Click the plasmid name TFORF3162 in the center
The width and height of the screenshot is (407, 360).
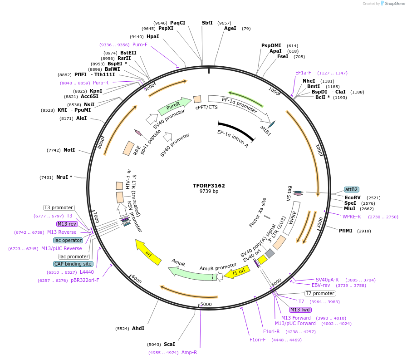(209, 186)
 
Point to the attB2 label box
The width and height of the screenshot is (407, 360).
(352, 189)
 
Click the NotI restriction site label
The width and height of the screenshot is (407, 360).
(69, 150)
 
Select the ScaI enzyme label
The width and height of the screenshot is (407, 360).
(169, 344)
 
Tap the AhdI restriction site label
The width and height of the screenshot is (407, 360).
(138, 328)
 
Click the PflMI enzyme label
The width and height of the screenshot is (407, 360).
(346, 231)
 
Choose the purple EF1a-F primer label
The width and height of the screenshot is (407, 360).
(303, 73)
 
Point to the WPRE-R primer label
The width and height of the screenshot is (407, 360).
(352, 217)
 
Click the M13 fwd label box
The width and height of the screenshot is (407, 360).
(300, 310)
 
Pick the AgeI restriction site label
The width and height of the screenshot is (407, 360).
(230, 28)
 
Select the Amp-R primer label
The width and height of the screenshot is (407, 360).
(189, 352)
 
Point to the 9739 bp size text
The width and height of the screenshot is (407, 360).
(209, 192)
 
